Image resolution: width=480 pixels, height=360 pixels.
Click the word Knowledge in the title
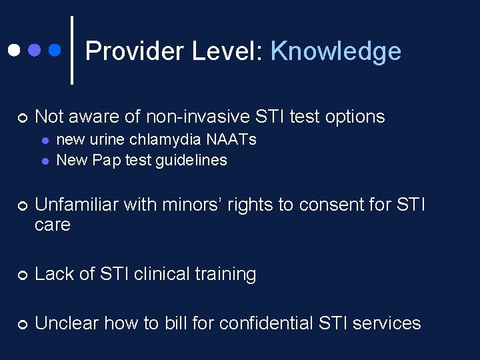point(335,51)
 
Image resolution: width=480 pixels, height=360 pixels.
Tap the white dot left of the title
point(13,50)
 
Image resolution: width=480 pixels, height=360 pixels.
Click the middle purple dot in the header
point(34,50)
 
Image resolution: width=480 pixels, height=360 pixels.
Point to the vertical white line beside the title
point(71,50)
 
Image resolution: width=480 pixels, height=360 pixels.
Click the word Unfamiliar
point(77,204)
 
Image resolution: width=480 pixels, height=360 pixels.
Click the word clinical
point(163,274)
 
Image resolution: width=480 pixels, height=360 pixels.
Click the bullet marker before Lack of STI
point(22,275)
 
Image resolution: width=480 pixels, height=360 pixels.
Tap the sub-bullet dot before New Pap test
point(44,161)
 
